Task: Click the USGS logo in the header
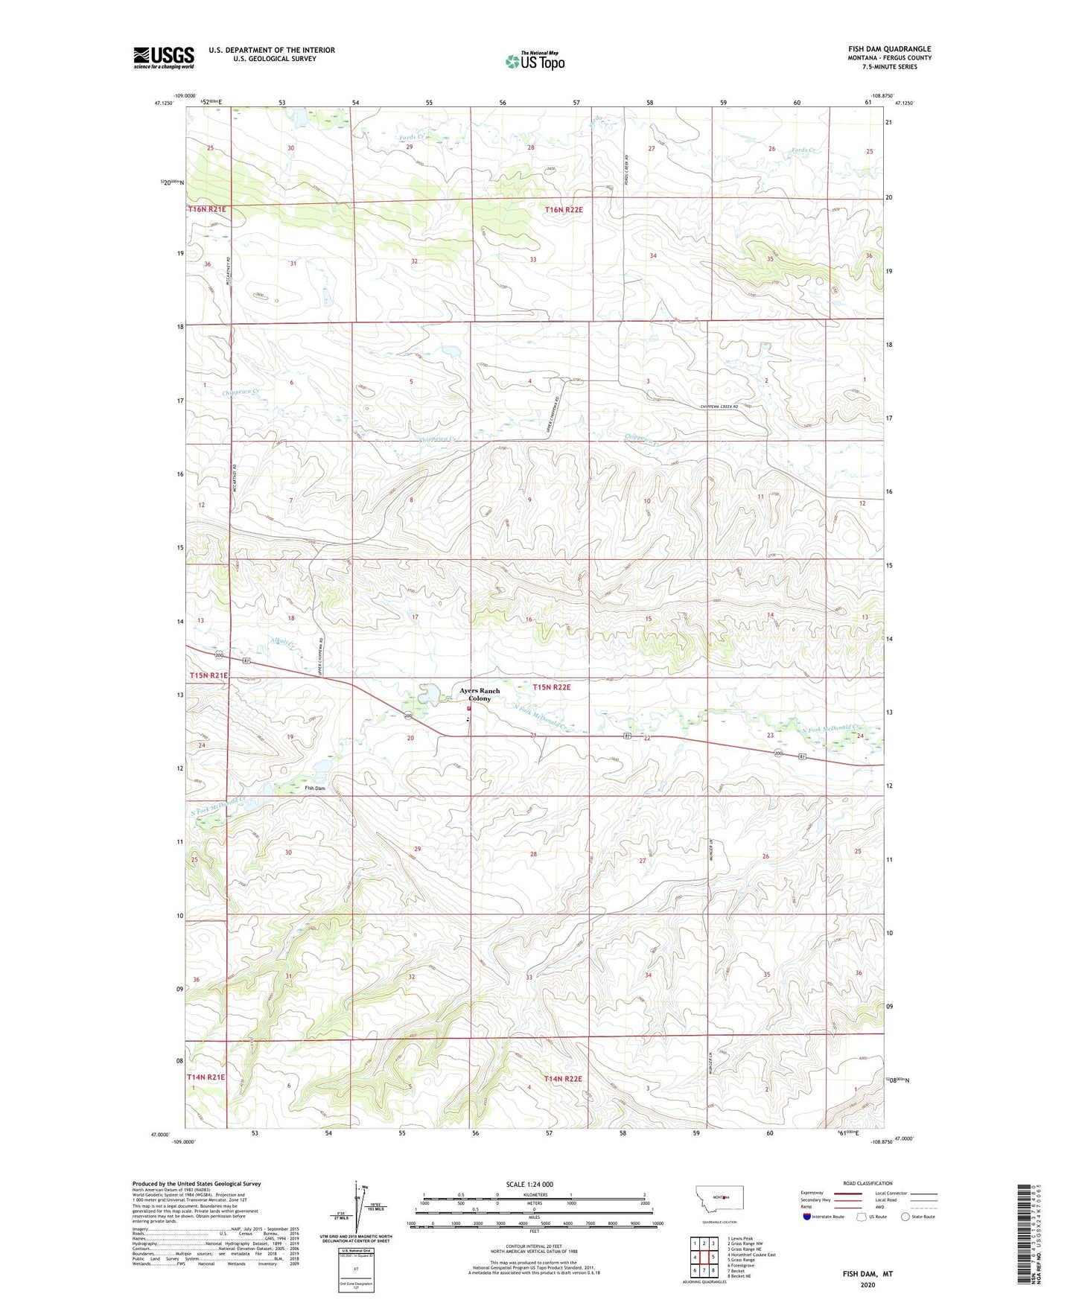coord(164,57)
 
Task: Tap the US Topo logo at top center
coord(535,61)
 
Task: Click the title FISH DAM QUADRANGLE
coord(889,49)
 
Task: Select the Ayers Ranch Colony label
coord(480,695)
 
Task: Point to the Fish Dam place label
coord(315,788)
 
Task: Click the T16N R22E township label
coord(564,210)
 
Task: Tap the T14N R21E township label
coord(206,1077)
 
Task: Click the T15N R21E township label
coord(208,675)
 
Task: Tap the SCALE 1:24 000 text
coord(529,1185)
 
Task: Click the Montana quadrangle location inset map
coord(719,1198)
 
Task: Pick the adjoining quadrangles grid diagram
coord(704,1258)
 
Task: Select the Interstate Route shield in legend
coord(807,1217)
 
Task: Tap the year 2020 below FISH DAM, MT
coord(868,1285)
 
